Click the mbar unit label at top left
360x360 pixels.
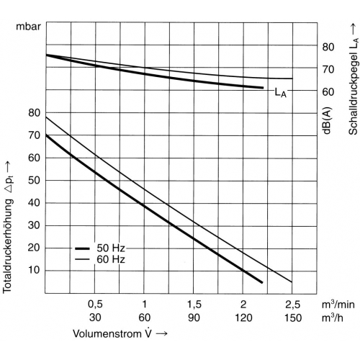29,27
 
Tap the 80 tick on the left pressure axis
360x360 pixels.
34,112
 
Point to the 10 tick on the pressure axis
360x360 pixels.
34,270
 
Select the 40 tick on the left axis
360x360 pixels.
34,203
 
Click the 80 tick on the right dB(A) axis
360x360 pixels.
328,47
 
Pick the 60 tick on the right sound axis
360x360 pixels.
328,91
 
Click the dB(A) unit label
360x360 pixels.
327,120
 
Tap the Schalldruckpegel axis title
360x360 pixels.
354,80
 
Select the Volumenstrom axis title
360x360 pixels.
120,333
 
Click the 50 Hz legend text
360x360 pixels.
111,248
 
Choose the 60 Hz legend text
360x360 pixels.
111,259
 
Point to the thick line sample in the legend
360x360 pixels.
82,248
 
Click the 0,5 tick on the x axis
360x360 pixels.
95,305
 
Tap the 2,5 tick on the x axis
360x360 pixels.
293,305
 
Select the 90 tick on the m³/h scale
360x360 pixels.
194,318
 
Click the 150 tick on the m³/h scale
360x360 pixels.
293,318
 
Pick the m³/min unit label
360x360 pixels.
338,305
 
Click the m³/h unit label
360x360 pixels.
333,318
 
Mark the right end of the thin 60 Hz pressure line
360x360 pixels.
292,282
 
